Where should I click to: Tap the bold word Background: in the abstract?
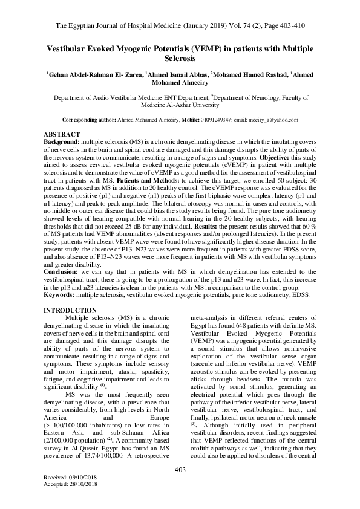point(62,140)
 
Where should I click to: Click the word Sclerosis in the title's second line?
point(180,60)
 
